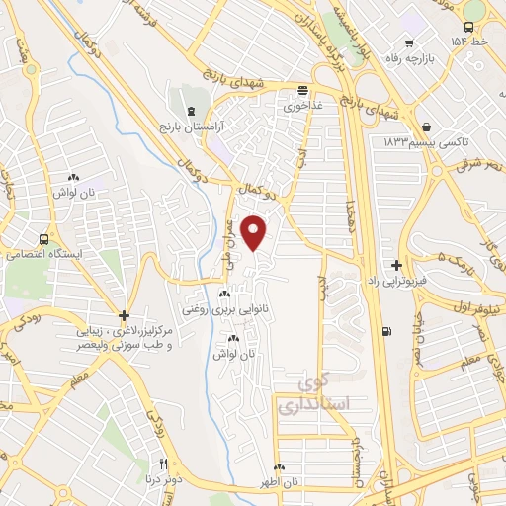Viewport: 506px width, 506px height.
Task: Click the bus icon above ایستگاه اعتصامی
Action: point(42,239)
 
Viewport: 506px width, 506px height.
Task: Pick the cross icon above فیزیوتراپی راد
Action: point(396,265)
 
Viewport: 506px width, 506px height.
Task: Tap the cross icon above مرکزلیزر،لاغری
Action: point(124,315)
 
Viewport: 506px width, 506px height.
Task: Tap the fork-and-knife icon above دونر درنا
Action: point(164,463)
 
